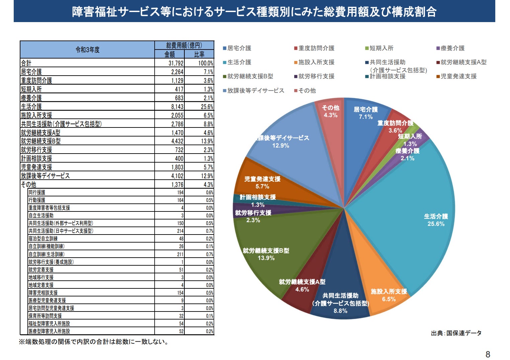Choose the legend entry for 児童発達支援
click(x=458, y=76)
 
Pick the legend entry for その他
click(x=307, y=91)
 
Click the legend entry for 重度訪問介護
click(x=316, y=48)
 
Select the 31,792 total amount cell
click(x=176, y=63)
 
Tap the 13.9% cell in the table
click(x=207, y=141)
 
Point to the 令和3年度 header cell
click(x=87, y=50)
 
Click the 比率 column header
click(x=199, y=54)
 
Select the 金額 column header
click(x=170, y=54)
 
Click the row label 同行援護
click(x=37, y=192)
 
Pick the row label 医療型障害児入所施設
click(x=49, y=331)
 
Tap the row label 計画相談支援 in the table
click(x=36, y=159)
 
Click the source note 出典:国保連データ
click(x=456, y=333)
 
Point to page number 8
click(x=488, y=354)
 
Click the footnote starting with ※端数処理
click(x=94, y=342)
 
